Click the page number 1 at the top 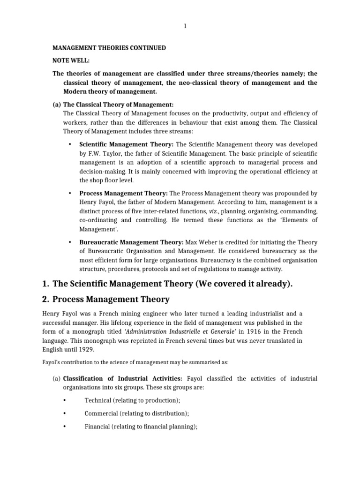pyautogui.click(x=185, y=26)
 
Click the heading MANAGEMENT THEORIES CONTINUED pyautogui.click(x=109, y=48)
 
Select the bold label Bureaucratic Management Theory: pyautogui.click(x=131, y=242)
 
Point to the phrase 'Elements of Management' pyautogui.click(x=300, y=220)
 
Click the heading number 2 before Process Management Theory pyautogui.click(x=45, y=300)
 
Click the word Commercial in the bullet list pyautogui.click(x=101, y=413)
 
